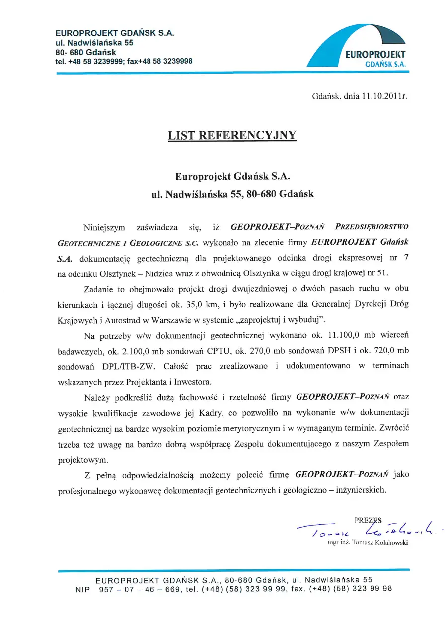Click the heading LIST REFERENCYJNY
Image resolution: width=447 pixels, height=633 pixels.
[232, 135]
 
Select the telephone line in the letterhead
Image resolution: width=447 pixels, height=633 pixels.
[124, 61]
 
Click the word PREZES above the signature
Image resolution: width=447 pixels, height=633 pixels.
[368, 520]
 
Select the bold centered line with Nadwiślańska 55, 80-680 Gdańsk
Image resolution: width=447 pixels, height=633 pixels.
[232, 194]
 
